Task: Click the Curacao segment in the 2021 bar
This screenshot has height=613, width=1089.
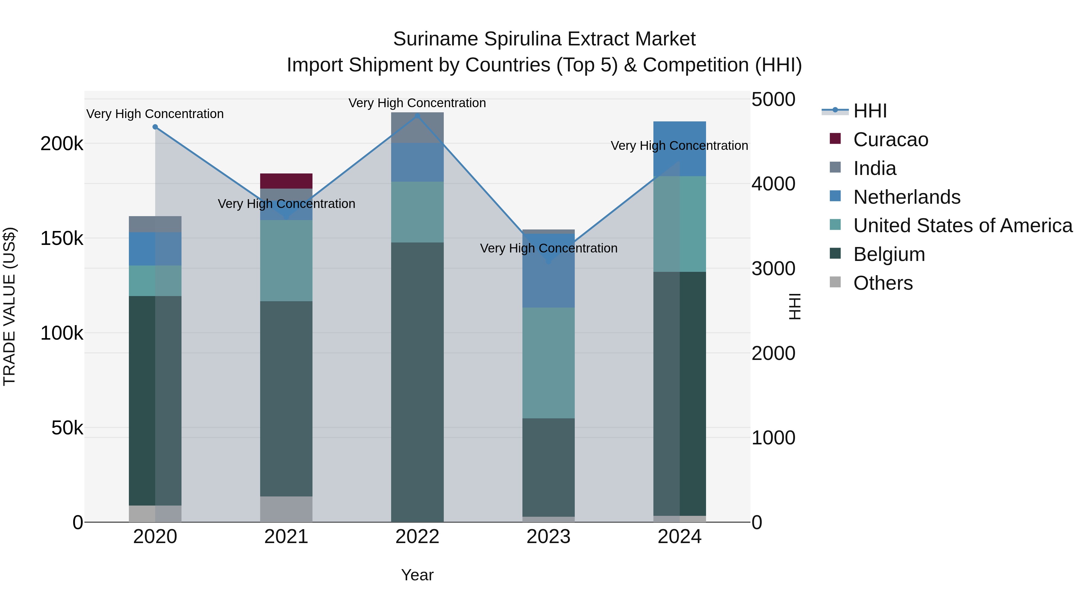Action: [286, 181]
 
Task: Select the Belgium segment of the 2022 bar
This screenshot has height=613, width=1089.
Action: [417, 381]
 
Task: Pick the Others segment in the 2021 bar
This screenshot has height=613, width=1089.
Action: [286, 509]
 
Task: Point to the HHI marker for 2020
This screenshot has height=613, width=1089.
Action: [155, 127]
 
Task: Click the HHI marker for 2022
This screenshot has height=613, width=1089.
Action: [417, 116]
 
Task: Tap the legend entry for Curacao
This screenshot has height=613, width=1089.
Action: [890, 140]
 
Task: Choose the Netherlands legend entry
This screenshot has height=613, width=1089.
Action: [906, 197]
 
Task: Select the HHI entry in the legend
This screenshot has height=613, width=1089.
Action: [870, 111]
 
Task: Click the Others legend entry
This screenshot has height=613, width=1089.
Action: [883, 283]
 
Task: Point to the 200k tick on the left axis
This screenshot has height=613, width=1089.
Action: [62, 144]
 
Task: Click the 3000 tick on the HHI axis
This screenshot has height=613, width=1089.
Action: [773, 269]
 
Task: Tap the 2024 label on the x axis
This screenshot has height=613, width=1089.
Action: [679, 537]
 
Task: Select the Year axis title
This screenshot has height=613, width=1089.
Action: [417, 575]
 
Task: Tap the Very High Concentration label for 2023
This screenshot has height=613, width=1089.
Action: [548, 248]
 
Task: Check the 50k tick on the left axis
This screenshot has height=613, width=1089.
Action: [67, 428]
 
